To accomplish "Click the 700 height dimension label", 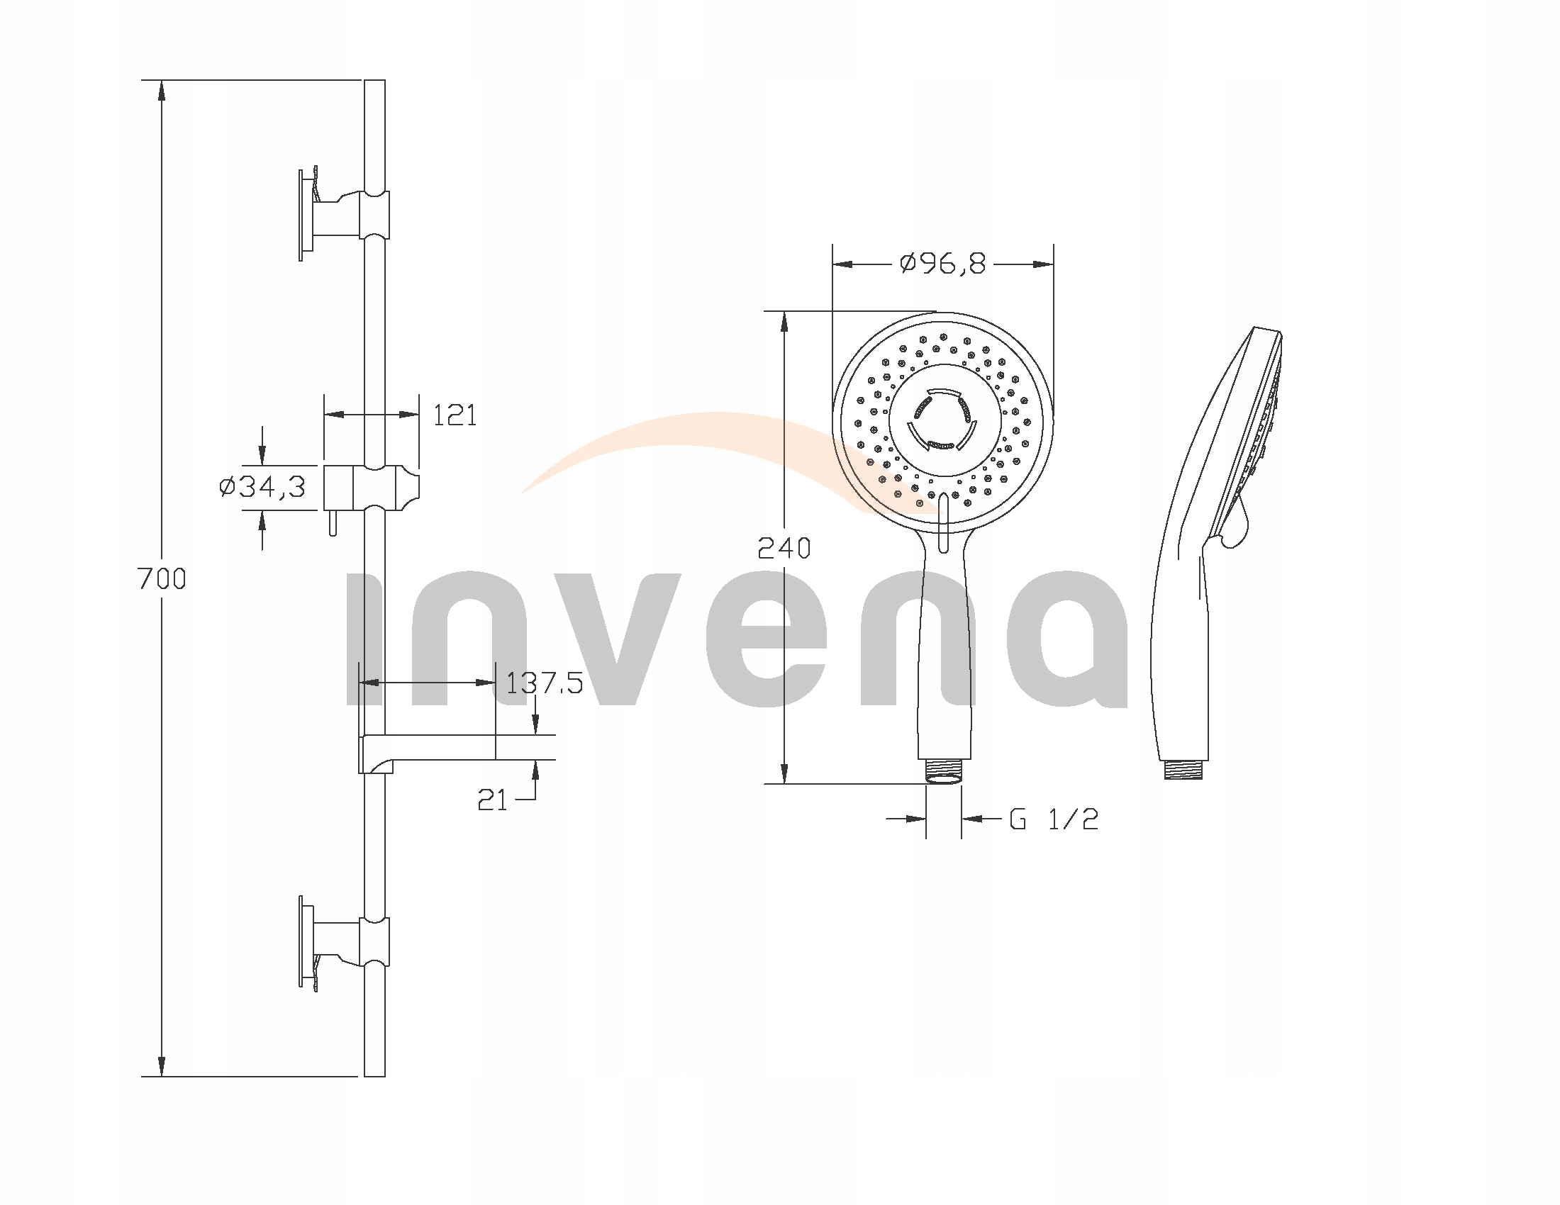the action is click(x=162, y=578).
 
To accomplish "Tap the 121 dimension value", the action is click(x=455, y=415).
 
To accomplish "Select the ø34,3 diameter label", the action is click(x=262, y=487).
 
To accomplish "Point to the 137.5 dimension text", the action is click(x=545, y=683).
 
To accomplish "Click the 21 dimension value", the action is click(x=492, y=801).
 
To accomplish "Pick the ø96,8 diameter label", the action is click(x=943, y=264).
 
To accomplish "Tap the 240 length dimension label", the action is click(x=784, y=548).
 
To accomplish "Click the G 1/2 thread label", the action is click(x=1054, y=819).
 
